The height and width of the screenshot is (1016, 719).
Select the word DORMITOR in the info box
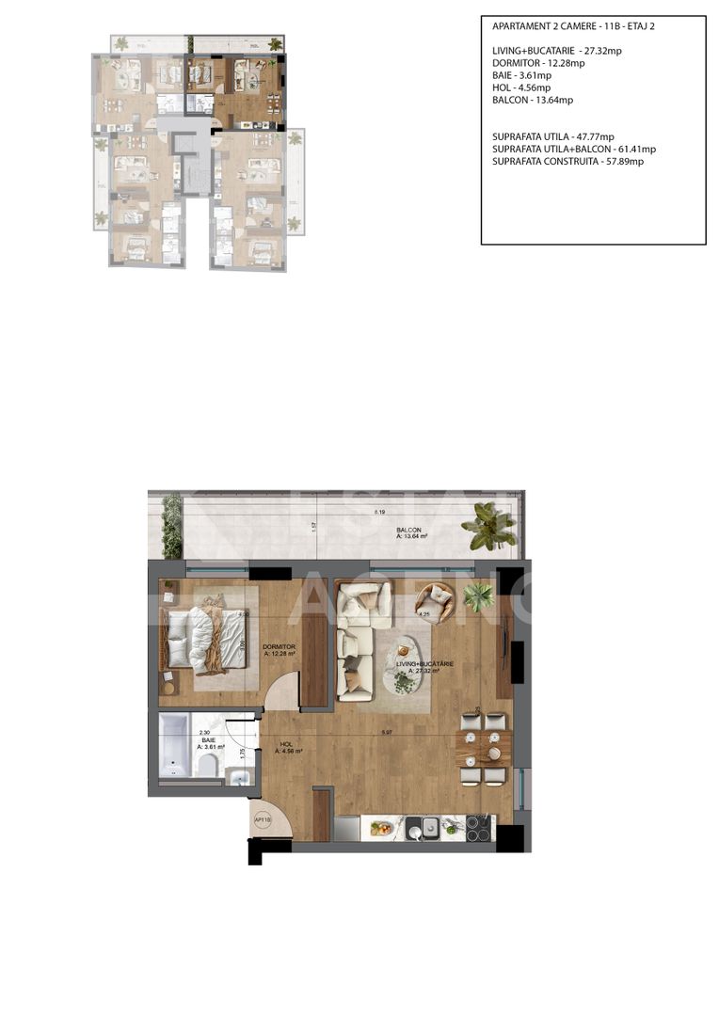click(514, 63)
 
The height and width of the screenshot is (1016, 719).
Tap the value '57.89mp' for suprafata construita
click(625, 161)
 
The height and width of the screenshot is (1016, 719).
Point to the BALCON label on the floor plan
click(408, 531)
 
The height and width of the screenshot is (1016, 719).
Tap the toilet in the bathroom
click(206, 767)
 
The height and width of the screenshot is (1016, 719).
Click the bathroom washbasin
click(240, 776)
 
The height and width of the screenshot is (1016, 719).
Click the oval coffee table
click(407, 659)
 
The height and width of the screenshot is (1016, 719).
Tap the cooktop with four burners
click(478, 828)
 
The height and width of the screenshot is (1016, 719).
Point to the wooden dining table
click(483, 748)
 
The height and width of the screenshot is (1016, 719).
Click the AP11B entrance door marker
click(263, 819)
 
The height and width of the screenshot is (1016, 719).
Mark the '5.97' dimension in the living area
click(386, 732)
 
